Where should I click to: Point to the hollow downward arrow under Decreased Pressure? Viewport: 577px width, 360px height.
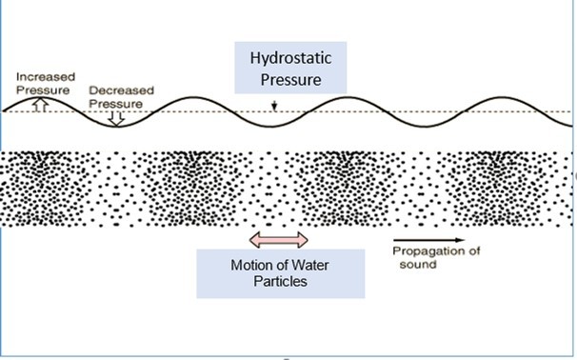click(115, 118)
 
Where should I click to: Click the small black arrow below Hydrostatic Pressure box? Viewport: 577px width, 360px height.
click(273, 106)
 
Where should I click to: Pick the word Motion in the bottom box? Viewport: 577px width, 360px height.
click(229, 265)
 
